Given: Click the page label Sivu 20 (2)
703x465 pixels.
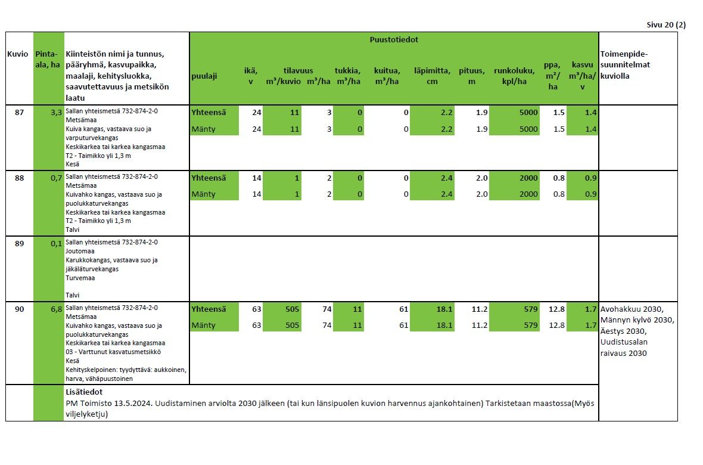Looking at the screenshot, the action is pyautogui.click(x=666, y=24).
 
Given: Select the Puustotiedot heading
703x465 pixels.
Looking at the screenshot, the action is pyautogui.click(x=394, y=39).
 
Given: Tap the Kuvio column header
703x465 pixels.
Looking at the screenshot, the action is pyautogui.click(x=18, y=54).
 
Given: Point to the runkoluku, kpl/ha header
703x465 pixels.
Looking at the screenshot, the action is pyautogui.click(x=514, y=76).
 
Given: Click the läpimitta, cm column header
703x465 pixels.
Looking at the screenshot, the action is pyautogui.click(x=432, y=76).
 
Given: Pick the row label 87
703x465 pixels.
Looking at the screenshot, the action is pyautogui.click(x=19, y=112).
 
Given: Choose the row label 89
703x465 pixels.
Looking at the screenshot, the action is pyautogui.click(x=19, y=243).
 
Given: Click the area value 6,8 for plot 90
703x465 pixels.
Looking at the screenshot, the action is pyautogui.click(x=57, y=309).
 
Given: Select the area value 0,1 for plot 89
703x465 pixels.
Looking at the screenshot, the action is pyautogui.click(x=57, y=244).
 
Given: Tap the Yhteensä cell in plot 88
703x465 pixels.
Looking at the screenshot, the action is pyautogui.click(x=209, y=178).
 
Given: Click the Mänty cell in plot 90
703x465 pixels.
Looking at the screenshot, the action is pyautogui.click(x=204, y=325).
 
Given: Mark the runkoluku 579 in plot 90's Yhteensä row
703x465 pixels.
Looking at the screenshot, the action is pyautogui.click(x=531, y=309).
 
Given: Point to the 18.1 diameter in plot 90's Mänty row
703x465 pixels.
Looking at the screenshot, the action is pyautogui.click(x=444, y=325).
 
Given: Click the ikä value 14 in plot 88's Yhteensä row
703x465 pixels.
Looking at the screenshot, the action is pyautogui.click(x=256, y=178).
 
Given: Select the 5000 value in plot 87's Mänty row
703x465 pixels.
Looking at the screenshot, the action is pyautogui.click(x=528, y=129).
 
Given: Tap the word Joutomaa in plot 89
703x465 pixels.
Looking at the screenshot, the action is pyautogui.click(x=80, y=252).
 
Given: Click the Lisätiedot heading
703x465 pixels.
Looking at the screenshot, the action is pyautogui.click(x=84, y=392).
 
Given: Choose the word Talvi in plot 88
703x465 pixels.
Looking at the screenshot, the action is pyautogui.click(x=73, y=230).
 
